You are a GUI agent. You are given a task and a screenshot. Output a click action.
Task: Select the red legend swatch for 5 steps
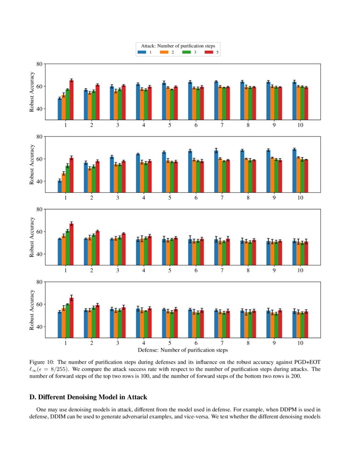[208, 52]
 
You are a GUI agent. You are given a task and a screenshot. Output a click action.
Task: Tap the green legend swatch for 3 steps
[186, 52]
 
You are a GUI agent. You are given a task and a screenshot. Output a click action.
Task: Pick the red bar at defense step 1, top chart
[72, 100]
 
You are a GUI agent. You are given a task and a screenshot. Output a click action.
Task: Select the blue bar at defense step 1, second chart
[60, 186]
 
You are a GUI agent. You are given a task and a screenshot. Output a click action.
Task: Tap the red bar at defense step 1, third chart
[72, 244]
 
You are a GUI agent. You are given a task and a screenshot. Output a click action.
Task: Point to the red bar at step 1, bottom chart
[72, 317]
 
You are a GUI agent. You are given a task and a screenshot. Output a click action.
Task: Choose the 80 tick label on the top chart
[39, 64]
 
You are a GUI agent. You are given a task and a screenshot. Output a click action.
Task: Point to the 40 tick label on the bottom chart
[39, 327]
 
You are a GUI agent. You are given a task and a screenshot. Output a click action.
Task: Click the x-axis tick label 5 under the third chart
[170, 270]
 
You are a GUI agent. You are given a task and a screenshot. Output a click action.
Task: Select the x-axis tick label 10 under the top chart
[300, 125]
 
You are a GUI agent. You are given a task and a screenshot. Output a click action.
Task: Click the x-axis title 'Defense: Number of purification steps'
[183, 350]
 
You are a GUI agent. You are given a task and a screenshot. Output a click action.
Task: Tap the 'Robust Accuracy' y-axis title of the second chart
[32, 165]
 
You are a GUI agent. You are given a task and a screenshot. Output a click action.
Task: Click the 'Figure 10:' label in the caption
[42, 362]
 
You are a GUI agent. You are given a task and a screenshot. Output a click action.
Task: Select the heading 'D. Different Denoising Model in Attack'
[88, 397]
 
